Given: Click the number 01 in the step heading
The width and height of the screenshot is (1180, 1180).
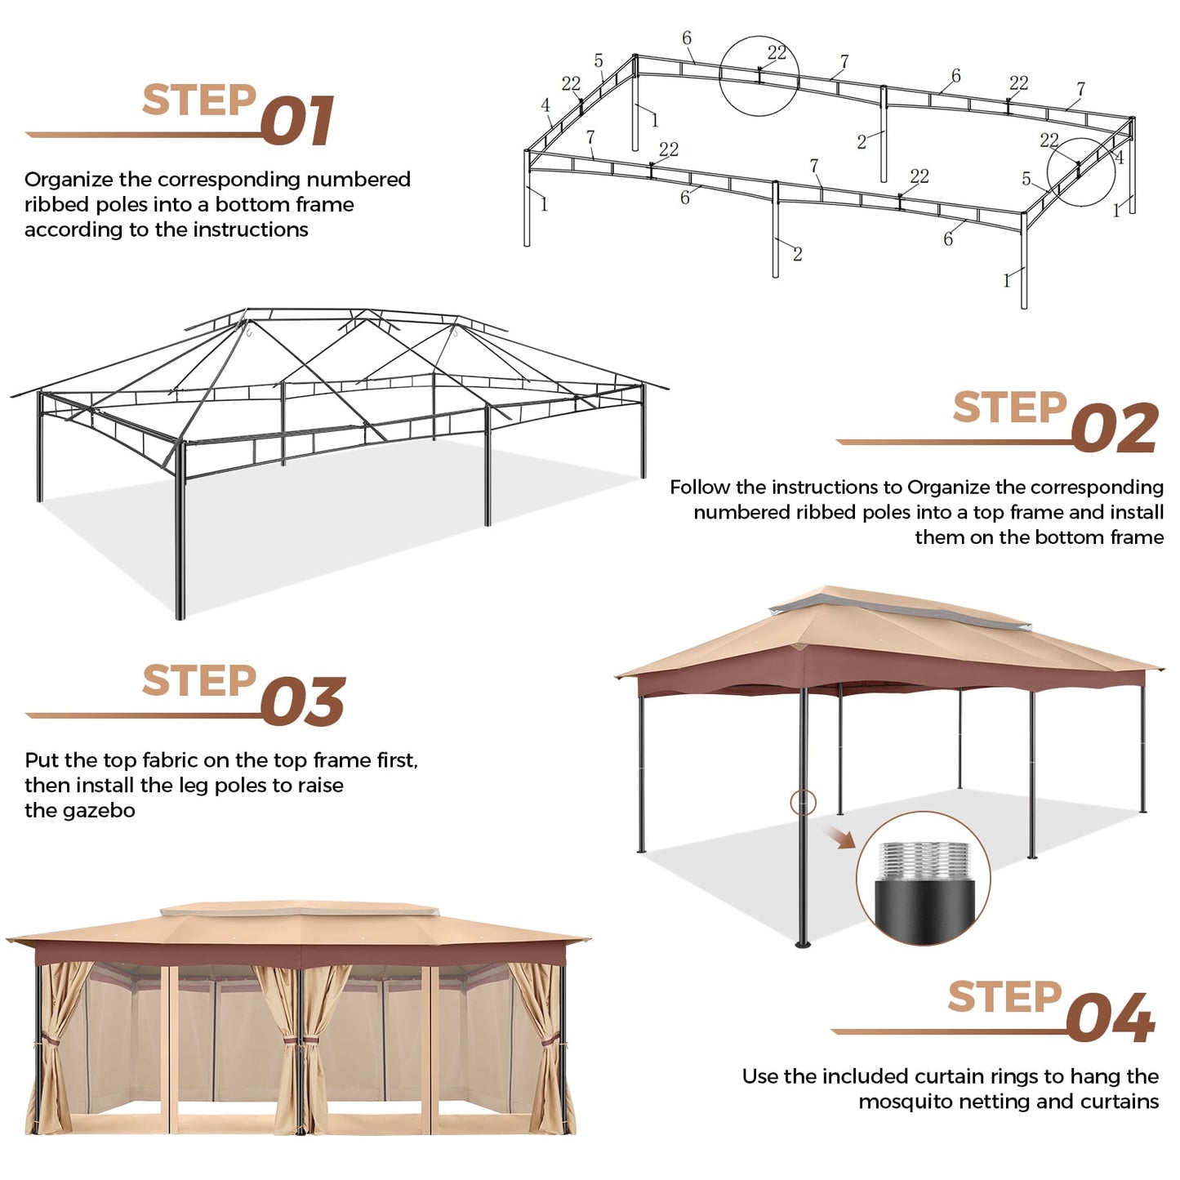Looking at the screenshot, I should point(297,122).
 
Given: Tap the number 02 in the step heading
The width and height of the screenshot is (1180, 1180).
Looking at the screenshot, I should point(1114,429).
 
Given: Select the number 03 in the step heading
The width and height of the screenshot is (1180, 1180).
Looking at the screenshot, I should point(303,702).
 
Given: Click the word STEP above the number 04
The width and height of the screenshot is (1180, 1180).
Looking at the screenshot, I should point(1004,996).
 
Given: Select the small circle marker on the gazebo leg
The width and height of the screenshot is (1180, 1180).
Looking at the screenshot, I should point(803,802).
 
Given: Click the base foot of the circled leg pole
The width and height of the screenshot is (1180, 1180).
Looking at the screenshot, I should point(804,944).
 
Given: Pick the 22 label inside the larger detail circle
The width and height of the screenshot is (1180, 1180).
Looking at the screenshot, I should point(777,53).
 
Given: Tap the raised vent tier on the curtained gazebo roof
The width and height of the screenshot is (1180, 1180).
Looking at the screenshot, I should point(300,910).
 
